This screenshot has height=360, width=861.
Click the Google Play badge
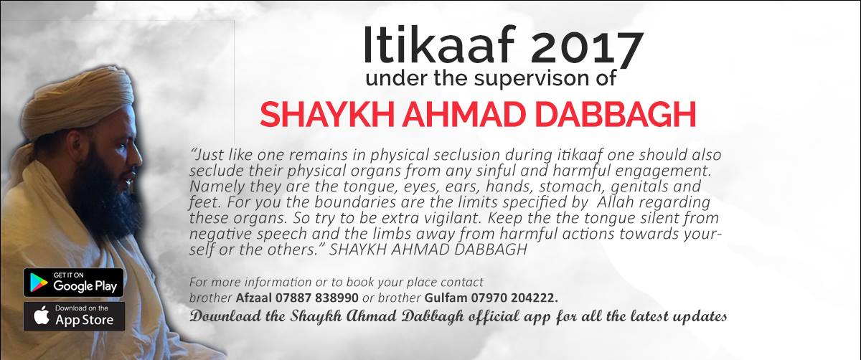73,283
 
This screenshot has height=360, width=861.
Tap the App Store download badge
74,316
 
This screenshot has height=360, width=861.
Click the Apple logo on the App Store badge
42,316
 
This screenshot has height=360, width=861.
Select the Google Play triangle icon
39,283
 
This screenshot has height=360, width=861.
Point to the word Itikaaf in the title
439,44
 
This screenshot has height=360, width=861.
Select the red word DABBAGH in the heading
616,115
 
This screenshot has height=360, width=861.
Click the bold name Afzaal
254,298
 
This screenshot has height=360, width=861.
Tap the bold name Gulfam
446,298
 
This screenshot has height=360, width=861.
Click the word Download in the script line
225,316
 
